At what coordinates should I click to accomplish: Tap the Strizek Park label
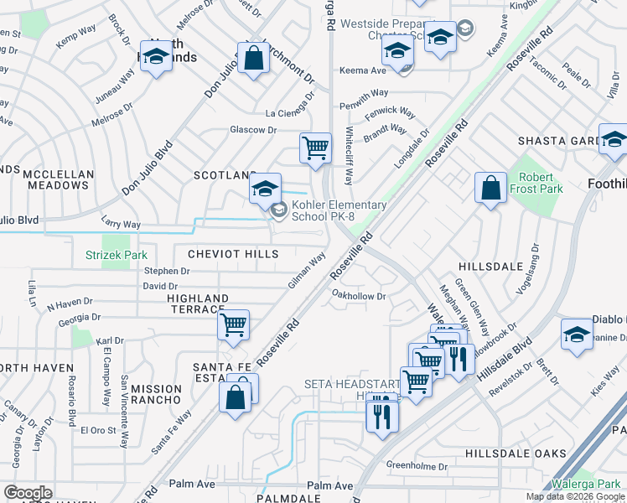tap(116, 255)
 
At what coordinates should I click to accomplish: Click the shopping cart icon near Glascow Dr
tap(315, 149)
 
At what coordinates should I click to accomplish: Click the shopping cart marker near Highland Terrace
tap(233, 325)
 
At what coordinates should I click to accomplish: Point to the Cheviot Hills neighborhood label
tap(233, 254)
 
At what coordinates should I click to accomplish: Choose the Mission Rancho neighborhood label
tap(157, 394)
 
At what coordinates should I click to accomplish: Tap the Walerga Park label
tap(585, 484)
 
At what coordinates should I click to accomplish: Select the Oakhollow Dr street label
tap(359, 295)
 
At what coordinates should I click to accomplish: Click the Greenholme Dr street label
tap(417, 465)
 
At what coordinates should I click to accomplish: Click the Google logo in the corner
tap(27, 493)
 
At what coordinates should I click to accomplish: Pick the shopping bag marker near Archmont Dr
tap(253, 59)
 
